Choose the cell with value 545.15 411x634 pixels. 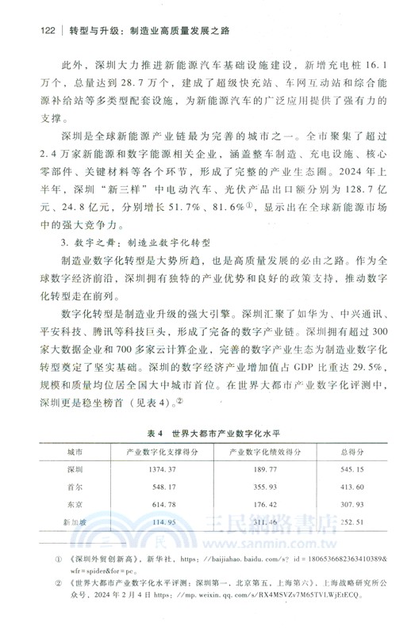pyautogui.click(x=350, y=469)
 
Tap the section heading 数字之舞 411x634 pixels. pyautogui.click(x=94, y=240)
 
